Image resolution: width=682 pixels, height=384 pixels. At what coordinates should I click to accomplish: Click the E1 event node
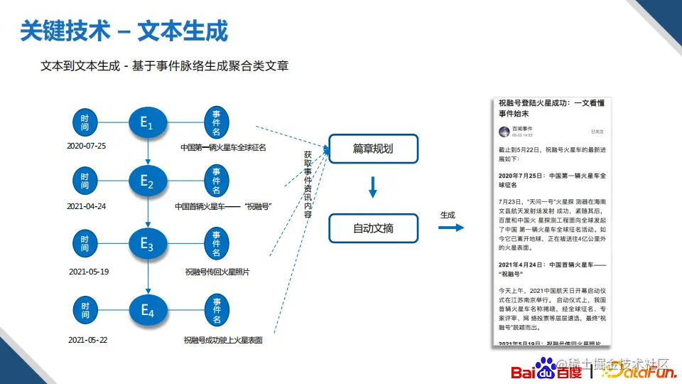pyautogui.click(x=147, y=122)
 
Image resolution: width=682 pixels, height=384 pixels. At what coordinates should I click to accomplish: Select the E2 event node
pyautogui.click(x=147, y=181)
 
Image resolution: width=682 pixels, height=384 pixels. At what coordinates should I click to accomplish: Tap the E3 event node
pyautogui.click(x=147, y=245)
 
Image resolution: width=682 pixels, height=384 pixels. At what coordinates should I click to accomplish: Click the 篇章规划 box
pyautogui.click(x=373, y=149)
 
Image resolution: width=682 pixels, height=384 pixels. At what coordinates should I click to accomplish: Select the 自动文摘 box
pyautogui.click(x=373, y=228)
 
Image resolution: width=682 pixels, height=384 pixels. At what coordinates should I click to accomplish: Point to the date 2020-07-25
pyautogui.click(x=86, y=146)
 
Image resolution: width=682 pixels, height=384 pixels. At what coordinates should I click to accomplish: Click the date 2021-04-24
pyautogui.click(x=86, y=206)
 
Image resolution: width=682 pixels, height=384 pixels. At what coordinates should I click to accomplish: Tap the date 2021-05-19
pyautogui.click(x=89, y=272)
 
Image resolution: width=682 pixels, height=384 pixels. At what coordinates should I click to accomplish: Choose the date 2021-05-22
pyautogui.click(x=88, y=340)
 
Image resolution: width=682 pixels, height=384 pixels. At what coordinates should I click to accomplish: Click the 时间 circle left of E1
pyautogui.click(x=85, y=122)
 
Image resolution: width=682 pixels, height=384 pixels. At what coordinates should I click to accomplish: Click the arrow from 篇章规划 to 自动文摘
pyautogui.click(x=373, y=187)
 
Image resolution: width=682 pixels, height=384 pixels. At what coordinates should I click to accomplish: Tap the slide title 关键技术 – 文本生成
pyautogui.click(x=124, y=31)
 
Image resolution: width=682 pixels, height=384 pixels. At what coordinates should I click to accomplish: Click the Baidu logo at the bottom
pyautogui.click(x=546, y=369)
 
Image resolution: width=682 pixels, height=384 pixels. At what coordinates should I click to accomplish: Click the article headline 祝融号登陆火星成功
pyautogui.click(x=550, y=108)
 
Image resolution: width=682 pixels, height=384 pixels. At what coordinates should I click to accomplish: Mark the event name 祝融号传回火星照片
pyautogui.click(x=217, y=272)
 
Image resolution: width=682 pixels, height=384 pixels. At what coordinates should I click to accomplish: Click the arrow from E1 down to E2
pyautogui.click(x=147, y=151)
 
